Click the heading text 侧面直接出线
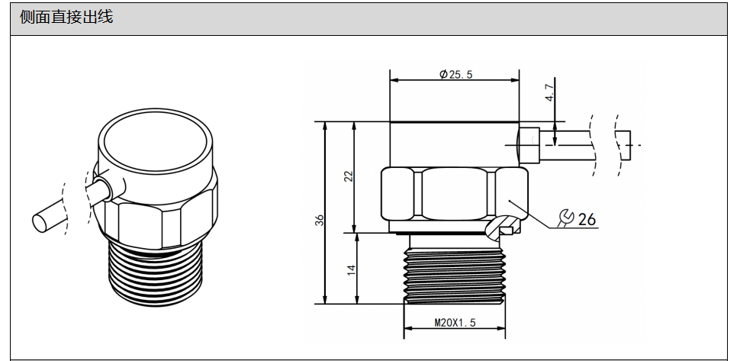[66, 17]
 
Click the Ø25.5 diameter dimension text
[456, 74]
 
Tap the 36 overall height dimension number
[320, 219]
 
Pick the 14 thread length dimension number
[352, 270]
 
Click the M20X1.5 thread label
[455, 323]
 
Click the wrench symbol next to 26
[566, 218]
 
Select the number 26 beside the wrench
[587, 219]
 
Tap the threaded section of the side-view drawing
[455, 271]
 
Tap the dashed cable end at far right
[623, 144]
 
